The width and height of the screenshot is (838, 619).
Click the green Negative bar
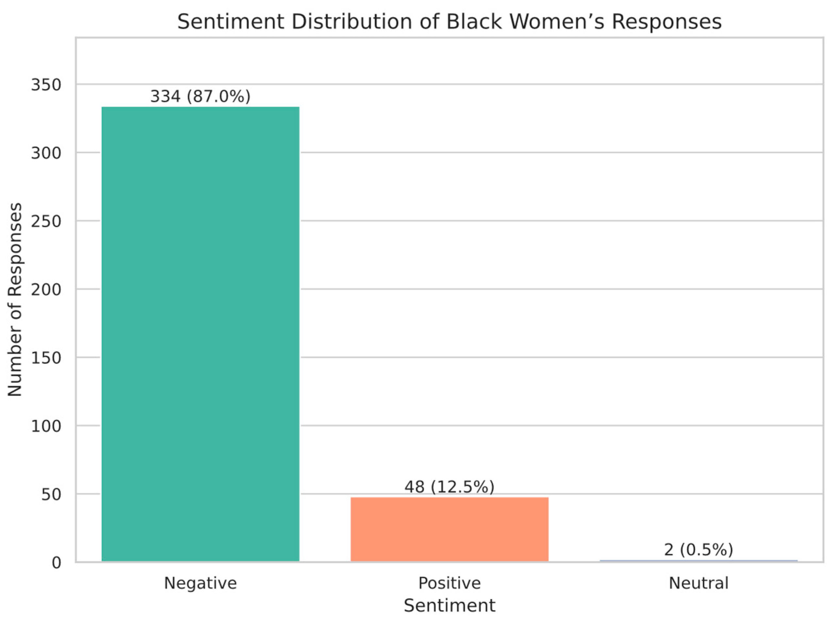tap(200, 333)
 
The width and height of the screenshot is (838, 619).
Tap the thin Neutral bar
tap(698, 561)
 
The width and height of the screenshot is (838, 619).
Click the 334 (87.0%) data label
tap(200, 97)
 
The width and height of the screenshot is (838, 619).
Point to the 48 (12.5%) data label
tap(449, 487)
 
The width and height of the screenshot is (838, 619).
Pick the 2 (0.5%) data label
tap(698, 550)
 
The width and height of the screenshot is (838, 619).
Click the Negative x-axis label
tap(200, 583)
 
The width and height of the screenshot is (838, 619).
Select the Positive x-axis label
tap(449, 583)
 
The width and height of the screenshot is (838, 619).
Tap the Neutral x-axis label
tap(698, 583)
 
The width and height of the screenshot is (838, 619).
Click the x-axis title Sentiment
tap(449, 606)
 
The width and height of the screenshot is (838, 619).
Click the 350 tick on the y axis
tap(46, 85)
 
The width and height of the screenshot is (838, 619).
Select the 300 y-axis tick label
tap(46, 153)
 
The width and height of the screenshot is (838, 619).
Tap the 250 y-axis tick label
tap(46, 221)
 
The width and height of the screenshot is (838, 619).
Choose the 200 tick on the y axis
tap(46, 290)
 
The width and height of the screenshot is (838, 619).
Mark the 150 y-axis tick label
tap(46, 358)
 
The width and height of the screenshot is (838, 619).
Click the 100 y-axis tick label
tap(46, 426)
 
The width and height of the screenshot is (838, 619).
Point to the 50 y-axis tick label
tap(51, 495)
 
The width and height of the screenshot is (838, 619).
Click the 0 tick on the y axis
tap(56, 563)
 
